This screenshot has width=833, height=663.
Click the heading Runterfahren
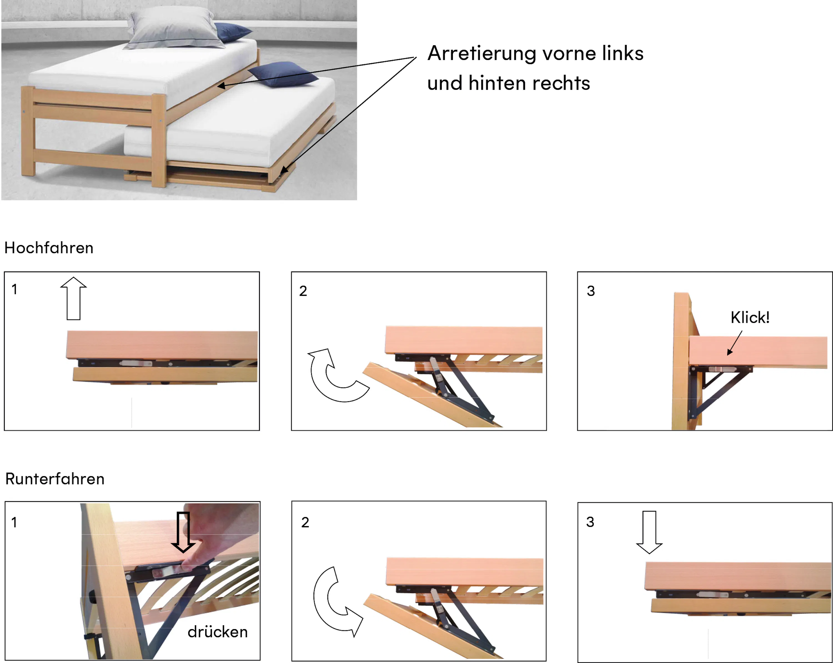pyautogui.click(x=55, y=479)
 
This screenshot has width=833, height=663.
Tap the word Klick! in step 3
pyautogui.click(x=750, y=317)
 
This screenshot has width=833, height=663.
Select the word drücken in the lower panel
pyautogui.click(x=217, y=632)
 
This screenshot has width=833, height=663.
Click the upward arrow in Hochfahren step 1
pyautogui.click(x=73, y=299)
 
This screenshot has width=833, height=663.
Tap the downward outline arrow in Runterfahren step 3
pyautogui.click(x=649, y=532)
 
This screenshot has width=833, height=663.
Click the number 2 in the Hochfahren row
pyautogui.click(x=303, y=291)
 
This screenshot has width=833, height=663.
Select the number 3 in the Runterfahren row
pyautogui.click(x=590, y=522)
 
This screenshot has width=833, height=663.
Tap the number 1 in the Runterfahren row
pyautogui.click(x=14, y=523)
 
